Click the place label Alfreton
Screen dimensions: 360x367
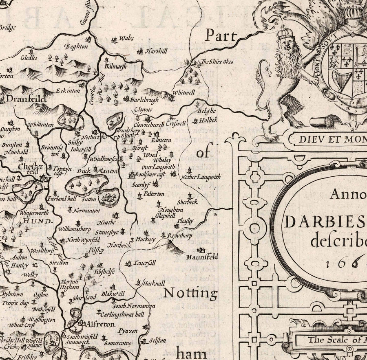coord(101,324)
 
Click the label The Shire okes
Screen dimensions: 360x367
coord(217,61)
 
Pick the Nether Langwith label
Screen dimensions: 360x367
coord(201,177)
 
